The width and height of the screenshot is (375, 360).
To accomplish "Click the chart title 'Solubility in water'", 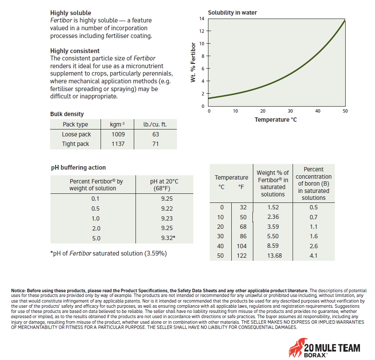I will click(x=232, y=13).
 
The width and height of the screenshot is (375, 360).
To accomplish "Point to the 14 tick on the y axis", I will click(x=202, y=19).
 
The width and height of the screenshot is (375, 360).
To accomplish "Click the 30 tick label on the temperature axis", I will click(x=290, y=111).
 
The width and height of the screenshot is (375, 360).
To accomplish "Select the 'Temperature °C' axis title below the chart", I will click(x=275, y=119).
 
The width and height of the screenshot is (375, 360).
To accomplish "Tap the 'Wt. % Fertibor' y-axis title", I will click(x=193, y=63).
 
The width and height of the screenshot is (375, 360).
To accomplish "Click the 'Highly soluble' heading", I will click(x=71, y=13).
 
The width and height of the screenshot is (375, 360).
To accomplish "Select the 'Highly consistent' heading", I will click(x=75, y=51).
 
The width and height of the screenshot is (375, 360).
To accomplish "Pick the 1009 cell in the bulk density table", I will click(x=118, y=134).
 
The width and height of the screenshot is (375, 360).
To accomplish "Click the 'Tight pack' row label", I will click(x=76, y=144).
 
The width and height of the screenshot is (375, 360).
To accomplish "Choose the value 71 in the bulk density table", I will click(x=155, y=144).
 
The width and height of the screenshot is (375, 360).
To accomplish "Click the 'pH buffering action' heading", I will click(x=78, y=167).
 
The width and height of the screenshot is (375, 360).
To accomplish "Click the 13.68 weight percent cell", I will click(x=273, y=256).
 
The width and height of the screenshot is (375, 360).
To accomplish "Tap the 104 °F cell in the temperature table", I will click(x=242, y=246).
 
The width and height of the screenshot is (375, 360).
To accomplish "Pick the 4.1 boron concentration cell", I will click(x=314, y=256).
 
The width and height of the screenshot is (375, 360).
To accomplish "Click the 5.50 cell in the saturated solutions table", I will click(x=273, y=236).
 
